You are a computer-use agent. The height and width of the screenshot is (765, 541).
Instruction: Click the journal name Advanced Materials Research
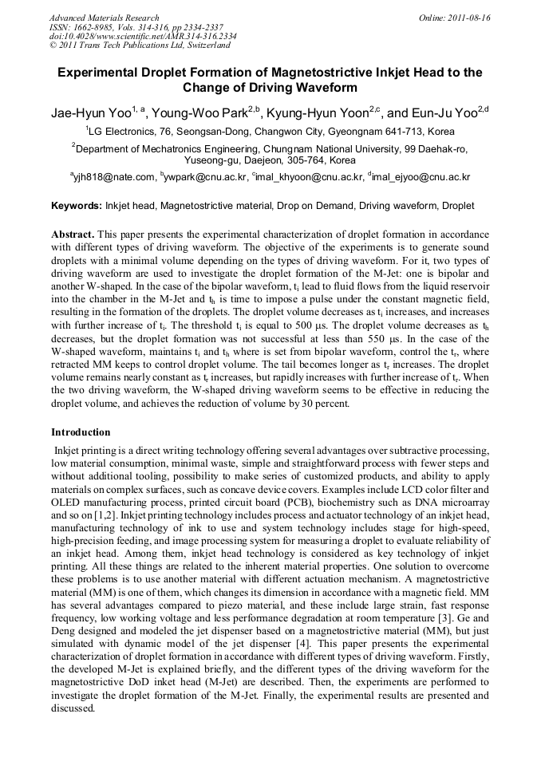coord(104,18)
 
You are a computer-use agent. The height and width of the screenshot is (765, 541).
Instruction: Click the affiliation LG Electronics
coord(126,131)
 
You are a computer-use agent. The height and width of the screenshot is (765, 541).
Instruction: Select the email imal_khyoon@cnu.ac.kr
coord(310,177)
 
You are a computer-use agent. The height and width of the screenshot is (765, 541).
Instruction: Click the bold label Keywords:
coord(77,206)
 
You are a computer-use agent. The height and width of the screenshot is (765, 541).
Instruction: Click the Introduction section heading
coord(81,432)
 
